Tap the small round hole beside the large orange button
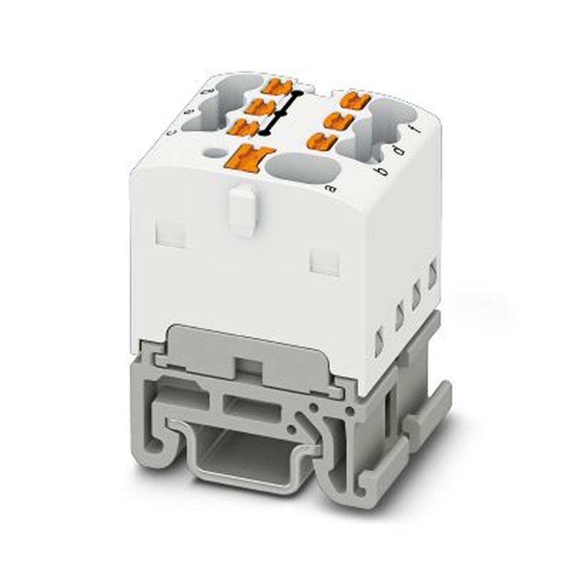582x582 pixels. [x=215, y=153]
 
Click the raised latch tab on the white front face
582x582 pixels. [x=242, y=210]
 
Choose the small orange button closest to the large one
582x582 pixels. [x=244, y=127]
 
